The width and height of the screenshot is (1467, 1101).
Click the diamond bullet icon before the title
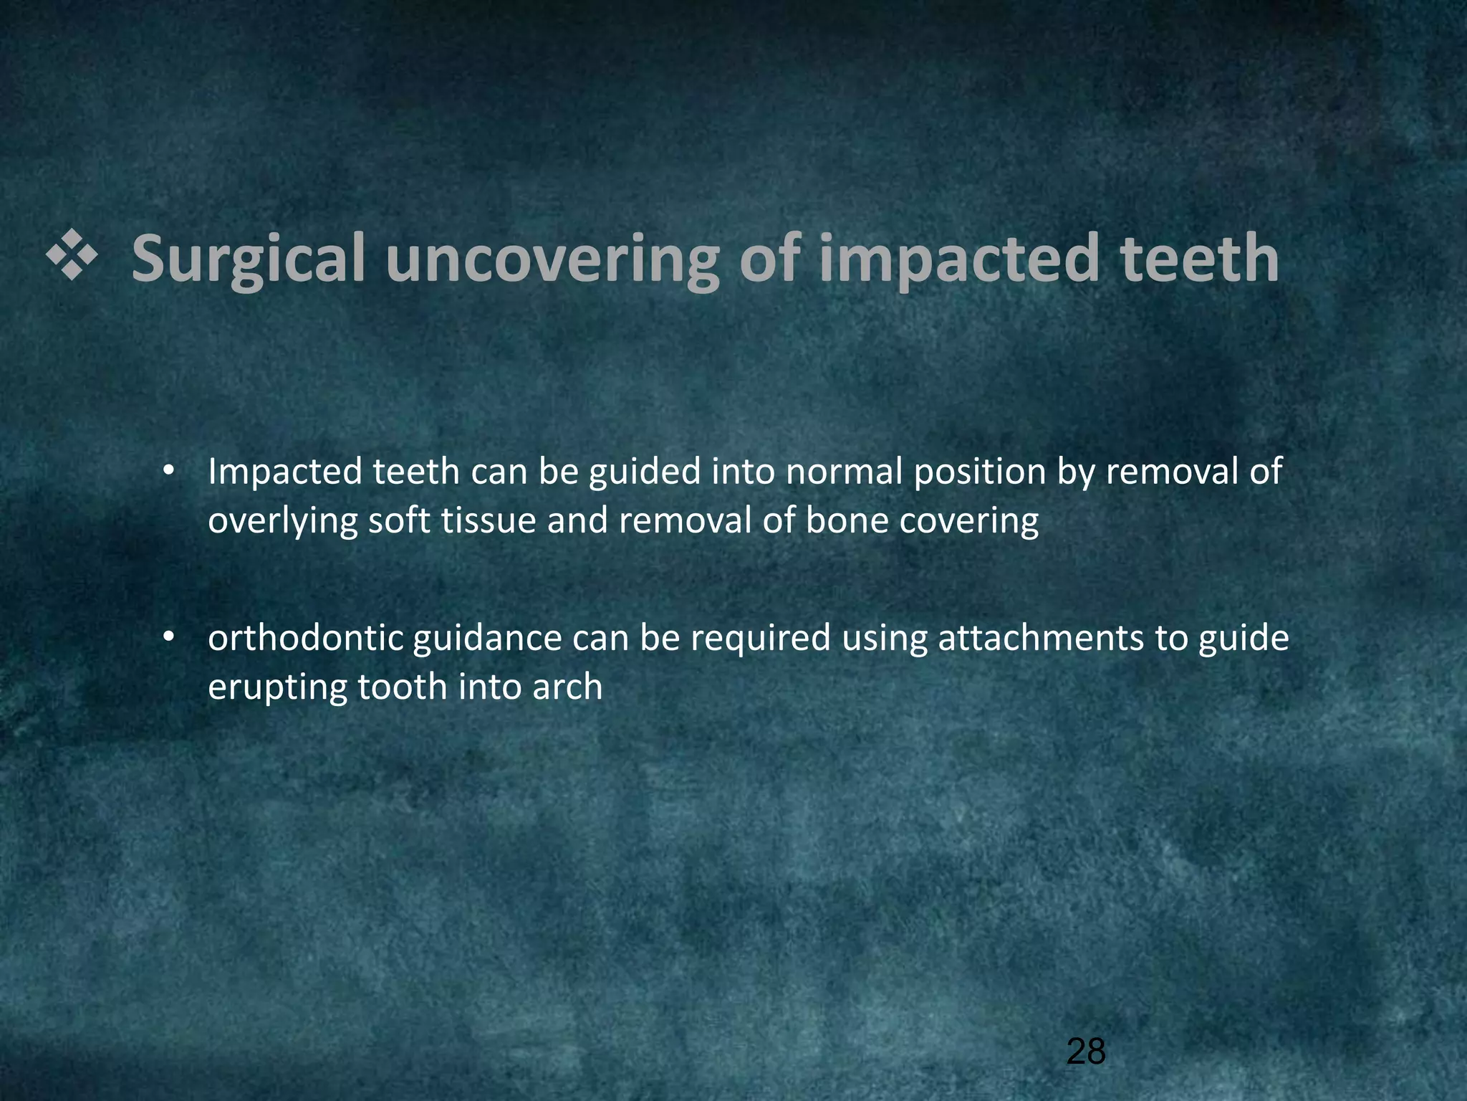[72, 257]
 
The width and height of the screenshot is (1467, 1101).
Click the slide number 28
[1086, 1052]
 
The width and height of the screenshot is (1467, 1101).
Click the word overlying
[282, 521]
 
